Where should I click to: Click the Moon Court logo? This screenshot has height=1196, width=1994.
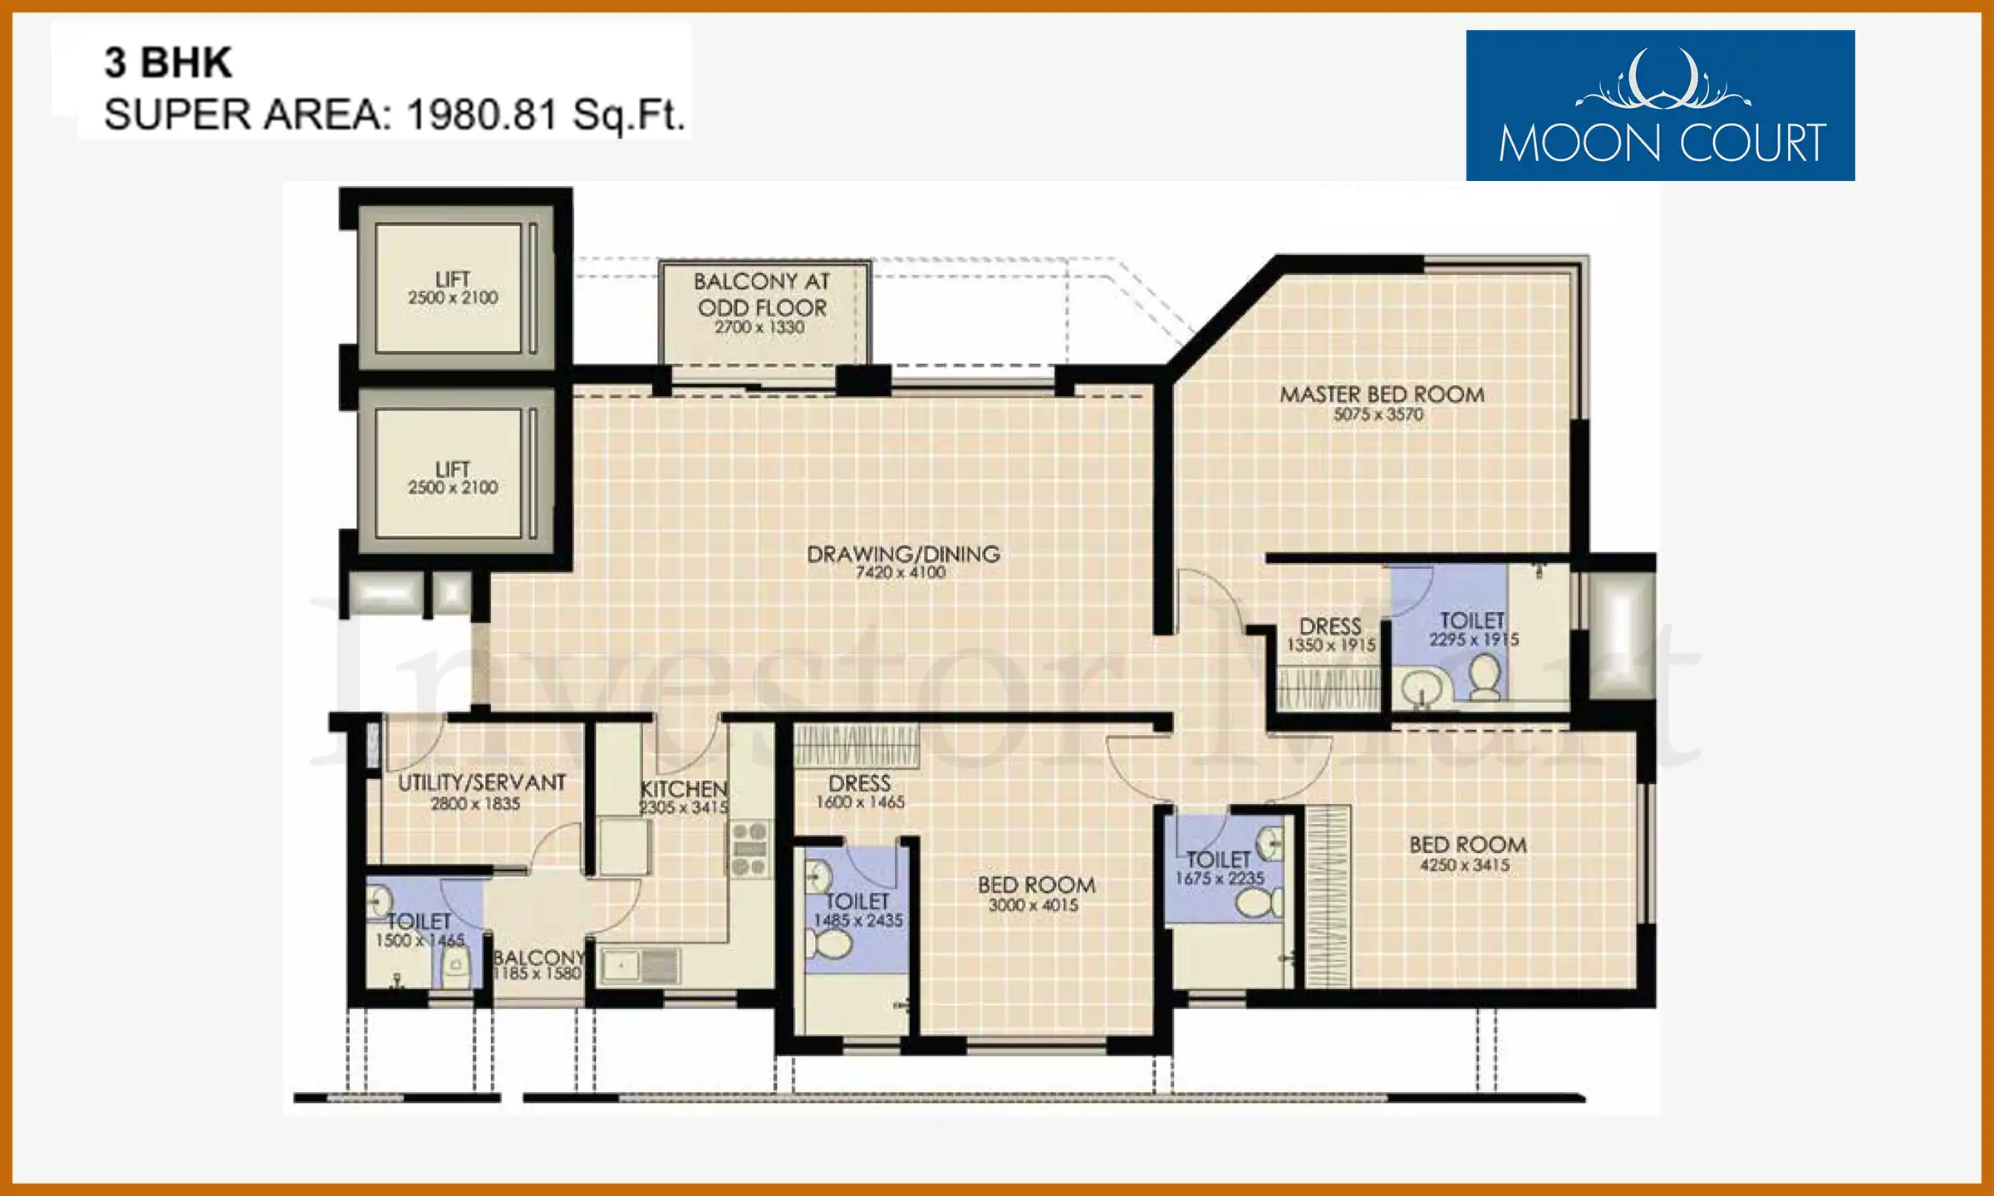(1660, 105)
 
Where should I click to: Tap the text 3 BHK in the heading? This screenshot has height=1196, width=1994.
(168, 62)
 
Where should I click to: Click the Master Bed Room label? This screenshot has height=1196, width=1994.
(1382, 394)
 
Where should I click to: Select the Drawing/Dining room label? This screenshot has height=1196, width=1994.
(903, 553)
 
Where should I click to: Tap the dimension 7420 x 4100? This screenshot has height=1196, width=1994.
(901, 572)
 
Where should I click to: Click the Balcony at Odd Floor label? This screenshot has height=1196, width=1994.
(762, 295)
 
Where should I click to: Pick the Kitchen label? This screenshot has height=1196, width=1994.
(684, 788)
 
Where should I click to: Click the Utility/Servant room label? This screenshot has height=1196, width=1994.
(482, 782)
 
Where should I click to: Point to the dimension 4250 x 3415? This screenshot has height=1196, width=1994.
(1465, 865)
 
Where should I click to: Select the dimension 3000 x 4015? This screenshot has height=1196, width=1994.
(1034, 904)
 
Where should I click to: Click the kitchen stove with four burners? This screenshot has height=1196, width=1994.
(749, 848)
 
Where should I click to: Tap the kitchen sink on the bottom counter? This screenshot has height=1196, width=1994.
(640, 966)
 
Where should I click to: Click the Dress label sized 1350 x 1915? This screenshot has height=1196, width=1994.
(1330, 626)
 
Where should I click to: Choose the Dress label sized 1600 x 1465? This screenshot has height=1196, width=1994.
(859, 783)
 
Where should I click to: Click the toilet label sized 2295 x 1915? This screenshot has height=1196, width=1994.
(1472, 620)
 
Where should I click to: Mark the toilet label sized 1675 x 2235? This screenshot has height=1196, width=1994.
(1218, 860)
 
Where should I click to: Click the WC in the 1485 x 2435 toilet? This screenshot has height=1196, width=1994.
(829, 944)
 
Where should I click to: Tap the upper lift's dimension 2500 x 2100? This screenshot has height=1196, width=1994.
(453, 297)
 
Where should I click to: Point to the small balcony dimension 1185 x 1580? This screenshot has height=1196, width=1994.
(537, 973)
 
